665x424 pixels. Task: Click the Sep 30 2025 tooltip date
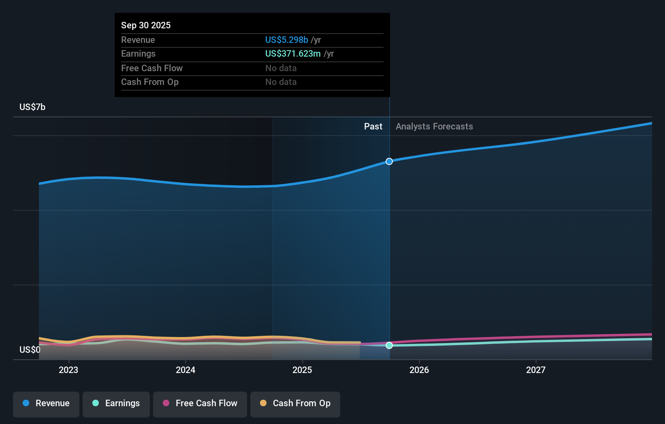pos(146,25)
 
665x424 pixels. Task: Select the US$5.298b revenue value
pos(286,40)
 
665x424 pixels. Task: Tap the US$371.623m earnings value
pos(293,53)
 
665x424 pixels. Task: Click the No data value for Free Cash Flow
pos(281,68)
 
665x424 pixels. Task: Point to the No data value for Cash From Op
pos(281,82)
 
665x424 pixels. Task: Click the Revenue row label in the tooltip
pos(138,40)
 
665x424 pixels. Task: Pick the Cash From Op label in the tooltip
pos(149,82)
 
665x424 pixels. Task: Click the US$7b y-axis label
pos(32,107)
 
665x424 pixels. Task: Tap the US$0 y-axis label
pos(30,350)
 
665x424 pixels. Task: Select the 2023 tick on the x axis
pos(68,370)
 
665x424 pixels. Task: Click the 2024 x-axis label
pos(185,370)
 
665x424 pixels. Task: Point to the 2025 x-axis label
pos(302,370)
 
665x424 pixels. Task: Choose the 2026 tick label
pos(419,370)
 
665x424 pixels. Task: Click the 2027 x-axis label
pos(535,370)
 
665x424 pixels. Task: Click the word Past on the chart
pos(373,126)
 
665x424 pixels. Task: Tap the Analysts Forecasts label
pos(434,126)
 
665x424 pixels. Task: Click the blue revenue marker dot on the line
pos(389,161)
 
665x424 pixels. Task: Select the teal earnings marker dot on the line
pos(389,345)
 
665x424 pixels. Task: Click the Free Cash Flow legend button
pos(200,403)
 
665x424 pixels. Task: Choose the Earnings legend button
pos(116,403)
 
